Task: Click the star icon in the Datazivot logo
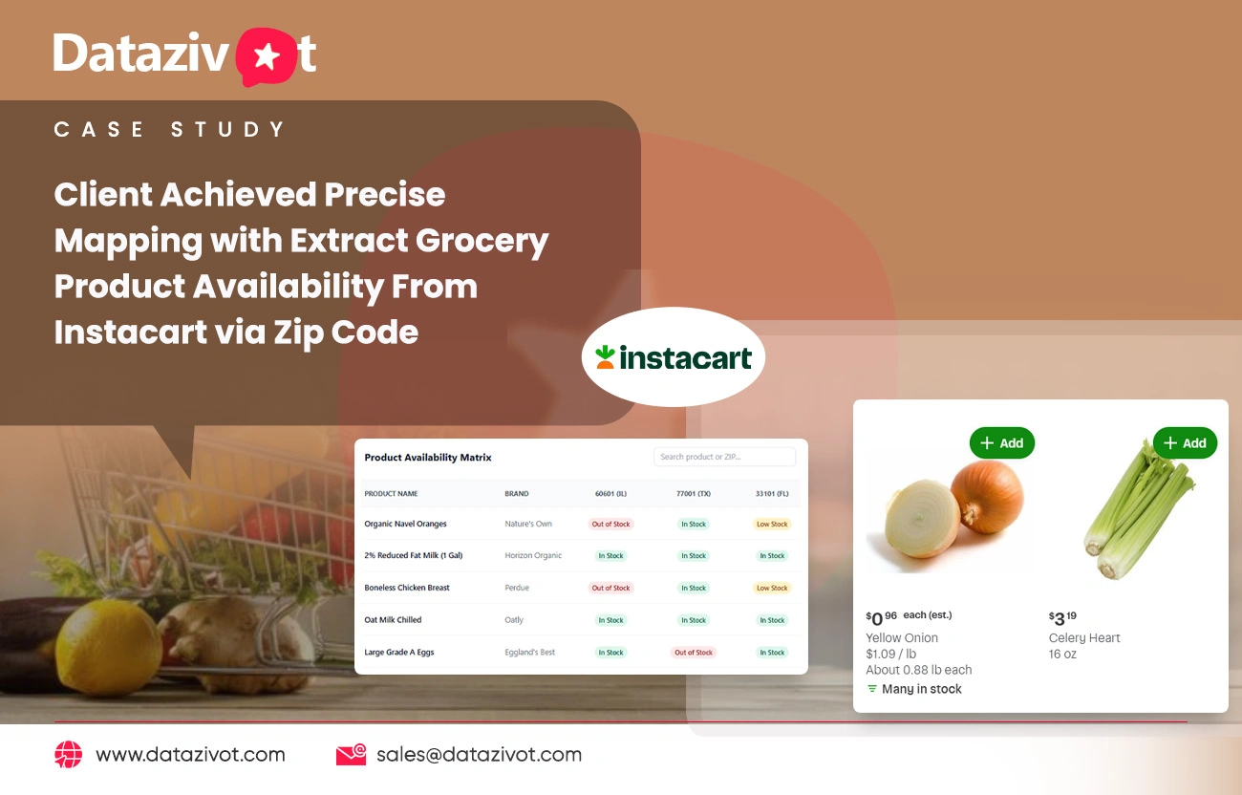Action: tap(267, 57)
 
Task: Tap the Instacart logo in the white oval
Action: tap(674, 358)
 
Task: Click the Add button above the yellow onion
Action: tap(1001, 443)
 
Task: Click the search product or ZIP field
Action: tap(724, 457)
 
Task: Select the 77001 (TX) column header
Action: tap(694, 494)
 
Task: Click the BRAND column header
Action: tap(517, 494)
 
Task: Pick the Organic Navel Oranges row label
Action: tap(405, 524)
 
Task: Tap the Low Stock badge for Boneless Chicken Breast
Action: tap(772, 588)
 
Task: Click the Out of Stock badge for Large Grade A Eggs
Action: tap(694, 653)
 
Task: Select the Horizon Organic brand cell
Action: tap(533, 555)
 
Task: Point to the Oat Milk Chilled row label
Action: tap(393, 620)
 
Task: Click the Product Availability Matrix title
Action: tap(428, 458)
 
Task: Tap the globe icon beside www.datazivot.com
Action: tap(69, 755)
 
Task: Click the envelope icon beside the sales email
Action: tap(351, 755)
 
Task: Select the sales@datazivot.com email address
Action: tap(479, 755)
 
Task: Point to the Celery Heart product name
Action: tap(1084, 638)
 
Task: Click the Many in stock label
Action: tap(921, 689)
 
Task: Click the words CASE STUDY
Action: tap(170, 130)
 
